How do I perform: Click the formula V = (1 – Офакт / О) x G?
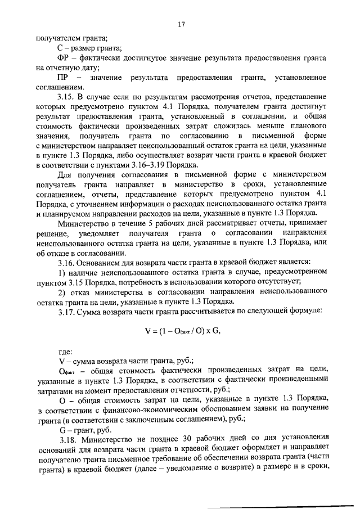pyautogui.click(x=180, y=331)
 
